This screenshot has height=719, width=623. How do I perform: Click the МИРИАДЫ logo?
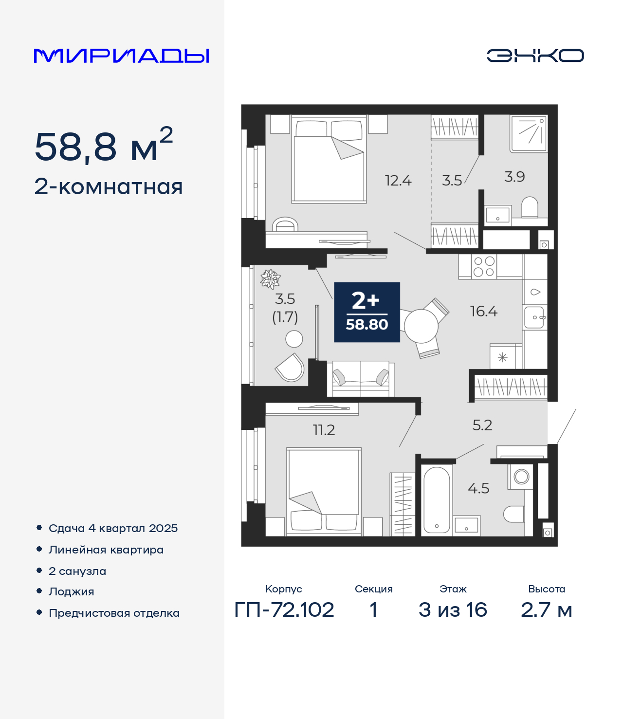121,55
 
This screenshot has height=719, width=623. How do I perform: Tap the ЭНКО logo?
535,55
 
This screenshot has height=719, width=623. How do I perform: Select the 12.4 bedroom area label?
398,181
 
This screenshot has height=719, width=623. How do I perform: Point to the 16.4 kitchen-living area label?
483,312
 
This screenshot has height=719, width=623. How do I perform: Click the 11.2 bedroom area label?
324,430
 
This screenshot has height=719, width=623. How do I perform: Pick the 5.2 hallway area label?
482,425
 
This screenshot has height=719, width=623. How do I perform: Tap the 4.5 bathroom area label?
478,488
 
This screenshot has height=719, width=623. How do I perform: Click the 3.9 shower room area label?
514,177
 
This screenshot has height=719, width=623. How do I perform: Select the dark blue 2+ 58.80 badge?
367,312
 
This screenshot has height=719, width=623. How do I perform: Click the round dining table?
421,326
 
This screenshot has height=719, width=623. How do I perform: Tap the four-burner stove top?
484,267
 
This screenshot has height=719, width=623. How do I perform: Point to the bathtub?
437,500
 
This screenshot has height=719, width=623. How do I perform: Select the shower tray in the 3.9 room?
529,133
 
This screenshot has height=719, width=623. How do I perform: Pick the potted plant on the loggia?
270,279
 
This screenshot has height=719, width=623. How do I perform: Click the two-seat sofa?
361,379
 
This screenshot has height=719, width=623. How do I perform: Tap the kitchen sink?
534,317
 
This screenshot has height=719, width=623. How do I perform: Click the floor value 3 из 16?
453,610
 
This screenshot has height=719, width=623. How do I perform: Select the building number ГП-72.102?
284,610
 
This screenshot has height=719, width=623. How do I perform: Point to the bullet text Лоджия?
72,591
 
